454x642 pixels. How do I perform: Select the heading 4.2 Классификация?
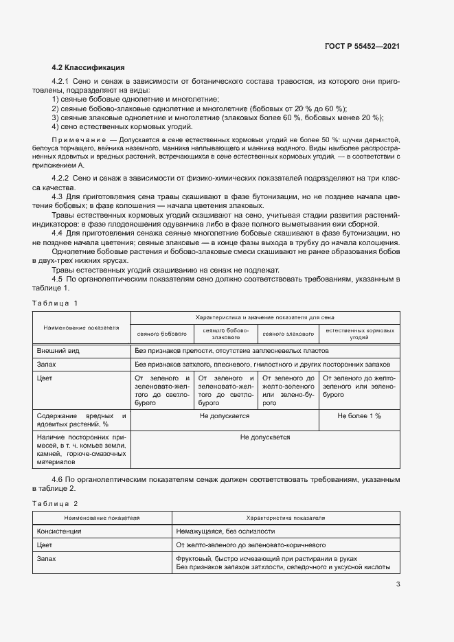click(88, 68)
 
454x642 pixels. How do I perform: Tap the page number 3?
click(398, 584)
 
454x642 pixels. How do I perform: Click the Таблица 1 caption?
click(55, 302)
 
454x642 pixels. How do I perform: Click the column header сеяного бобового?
click(162, 334)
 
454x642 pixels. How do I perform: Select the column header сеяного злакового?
click(287, 334)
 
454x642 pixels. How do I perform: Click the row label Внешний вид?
click(58, 350)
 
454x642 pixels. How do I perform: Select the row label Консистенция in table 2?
click(59, 531)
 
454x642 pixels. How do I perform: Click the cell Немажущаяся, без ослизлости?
click(225, 531)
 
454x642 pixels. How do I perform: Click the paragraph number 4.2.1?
click(65, 82)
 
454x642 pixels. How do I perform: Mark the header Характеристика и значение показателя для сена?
click(264, 318)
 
